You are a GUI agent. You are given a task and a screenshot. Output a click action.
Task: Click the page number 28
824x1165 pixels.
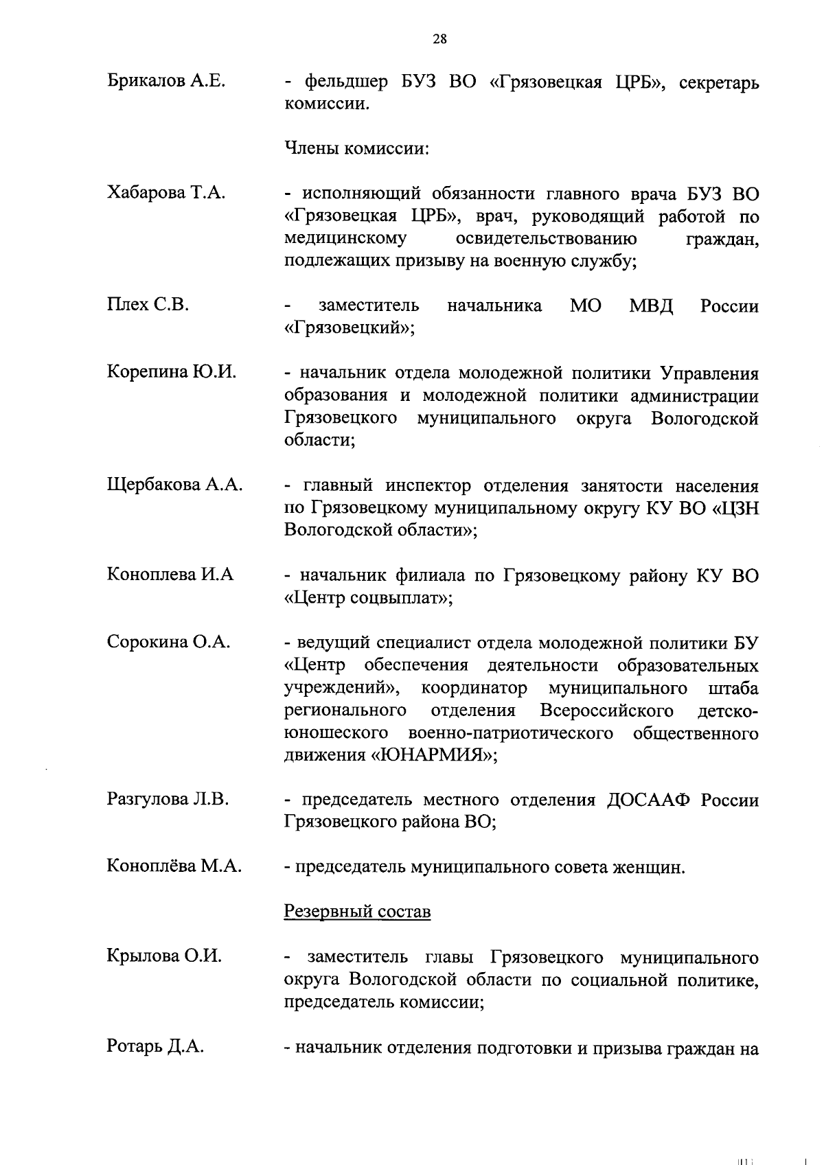(439, 39)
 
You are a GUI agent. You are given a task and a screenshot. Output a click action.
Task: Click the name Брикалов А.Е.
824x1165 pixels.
(166, 82)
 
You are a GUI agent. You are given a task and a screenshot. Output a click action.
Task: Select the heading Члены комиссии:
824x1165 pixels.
(356, 149)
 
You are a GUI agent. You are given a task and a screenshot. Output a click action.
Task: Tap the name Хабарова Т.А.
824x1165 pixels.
(165, 193)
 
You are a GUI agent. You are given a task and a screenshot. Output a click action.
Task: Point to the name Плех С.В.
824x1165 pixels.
(148, 305)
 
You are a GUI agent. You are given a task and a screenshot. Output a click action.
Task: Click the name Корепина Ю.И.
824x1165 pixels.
(172, 372)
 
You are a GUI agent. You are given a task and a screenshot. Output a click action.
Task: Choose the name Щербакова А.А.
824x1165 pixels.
(174, 485)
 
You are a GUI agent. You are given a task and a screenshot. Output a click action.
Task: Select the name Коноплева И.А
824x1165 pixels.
(170, 574)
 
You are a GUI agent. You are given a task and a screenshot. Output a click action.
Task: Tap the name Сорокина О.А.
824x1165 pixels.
(168, 642)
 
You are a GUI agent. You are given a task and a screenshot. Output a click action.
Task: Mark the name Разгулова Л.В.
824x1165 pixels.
(168, 799)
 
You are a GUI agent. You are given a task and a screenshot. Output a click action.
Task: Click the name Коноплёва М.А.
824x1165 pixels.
(174, 866)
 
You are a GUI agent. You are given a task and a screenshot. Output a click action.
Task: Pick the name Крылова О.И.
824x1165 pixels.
(164, 956)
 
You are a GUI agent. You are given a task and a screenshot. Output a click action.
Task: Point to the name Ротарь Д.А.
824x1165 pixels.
(155, 1047)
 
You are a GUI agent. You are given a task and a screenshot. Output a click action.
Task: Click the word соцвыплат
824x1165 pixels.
(396, 597)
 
